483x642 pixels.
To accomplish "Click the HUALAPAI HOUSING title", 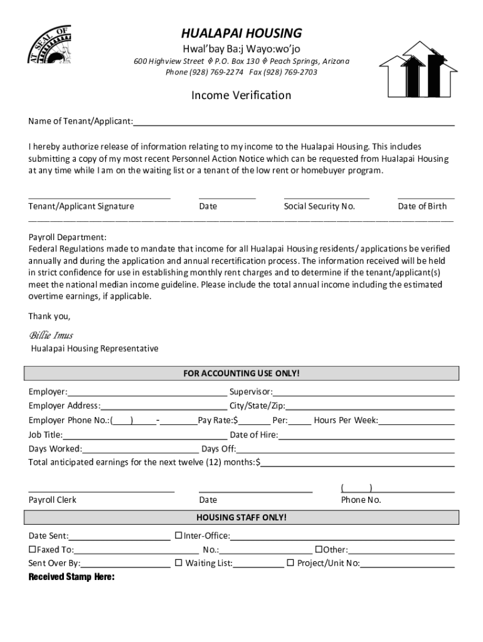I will (242, 33).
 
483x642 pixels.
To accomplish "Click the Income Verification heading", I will (242, 95).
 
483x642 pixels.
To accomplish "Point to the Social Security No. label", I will (319, 206).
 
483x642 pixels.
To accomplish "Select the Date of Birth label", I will (422, 206).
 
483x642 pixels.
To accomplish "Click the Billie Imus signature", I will (51, 335).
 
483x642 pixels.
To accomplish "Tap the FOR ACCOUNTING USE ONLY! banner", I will (242, 374).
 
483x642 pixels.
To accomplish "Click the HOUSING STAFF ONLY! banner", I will (242, 517).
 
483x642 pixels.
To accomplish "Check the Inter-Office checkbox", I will (178, 535).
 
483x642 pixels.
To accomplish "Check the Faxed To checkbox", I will (33, 549).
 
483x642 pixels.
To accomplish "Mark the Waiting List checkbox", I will (178, 563).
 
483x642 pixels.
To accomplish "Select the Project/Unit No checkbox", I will (290, 563).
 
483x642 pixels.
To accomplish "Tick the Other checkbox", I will (319, 549).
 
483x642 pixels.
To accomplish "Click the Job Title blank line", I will (144, 435).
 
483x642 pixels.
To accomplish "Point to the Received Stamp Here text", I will (72, 577).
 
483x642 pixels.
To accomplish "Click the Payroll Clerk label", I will (53, 500).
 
